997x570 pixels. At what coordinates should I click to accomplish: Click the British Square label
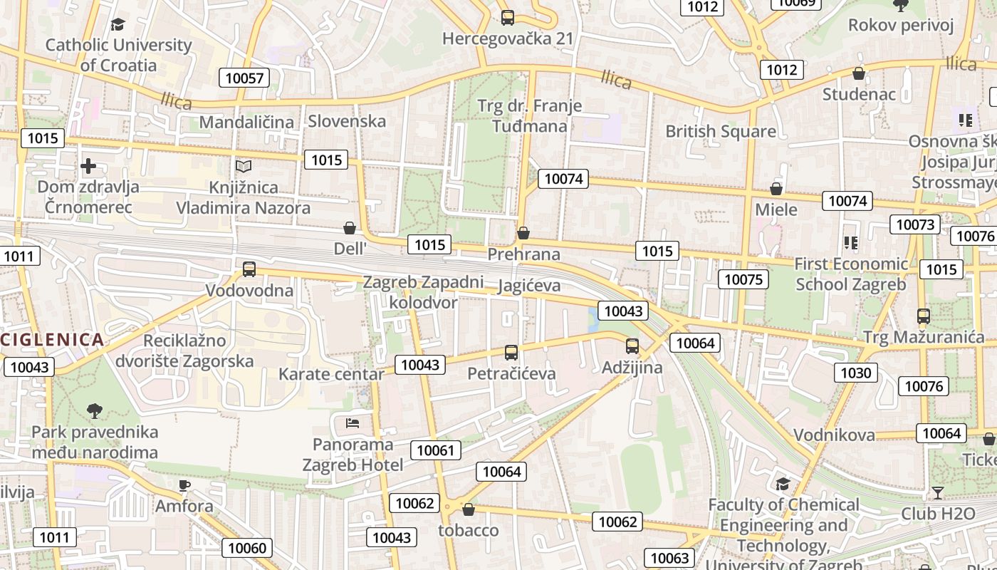[720, 131]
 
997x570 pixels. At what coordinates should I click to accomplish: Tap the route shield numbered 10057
[244, 78]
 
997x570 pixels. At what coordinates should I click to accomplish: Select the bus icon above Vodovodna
[249, 269]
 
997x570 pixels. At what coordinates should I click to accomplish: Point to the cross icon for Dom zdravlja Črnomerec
[88, 166]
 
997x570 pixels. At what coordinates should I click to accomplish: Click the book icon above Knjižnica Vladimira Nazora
[244, 166]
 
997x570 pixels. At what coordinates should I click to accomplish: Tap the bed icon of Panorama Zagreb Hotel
[353, 423]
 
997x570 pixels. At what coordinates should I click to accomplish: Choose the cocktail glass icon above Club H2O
[938, 492]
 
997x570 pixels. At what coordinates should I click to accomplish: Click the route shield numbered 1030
[856, 373]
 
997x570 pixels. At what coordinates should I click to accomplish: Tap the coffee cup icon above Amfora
[184, 486]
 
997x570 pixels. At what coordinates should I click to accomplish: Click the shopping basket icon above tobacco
[469, 509]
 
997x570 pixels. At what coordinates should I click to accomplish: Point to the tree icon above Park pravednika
[94, 410]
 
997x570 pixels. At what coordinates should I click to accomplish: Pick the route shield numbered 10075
[743, 279]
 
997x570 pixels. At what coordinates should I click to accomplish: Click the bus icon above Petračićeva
[511, 352]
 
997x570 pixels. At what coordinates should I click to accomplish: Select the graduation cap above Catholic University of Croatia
[118, 25]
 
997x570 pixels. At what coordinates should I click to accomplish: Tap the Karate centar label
[331, 374]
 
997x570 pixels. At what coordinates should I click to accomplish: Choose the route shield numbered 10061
[435, 450]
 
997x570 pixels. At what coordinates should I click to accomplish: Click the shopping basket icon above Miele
[776, 189]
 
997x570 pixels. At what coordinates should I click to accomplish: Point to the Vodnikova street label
[834, 435]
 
